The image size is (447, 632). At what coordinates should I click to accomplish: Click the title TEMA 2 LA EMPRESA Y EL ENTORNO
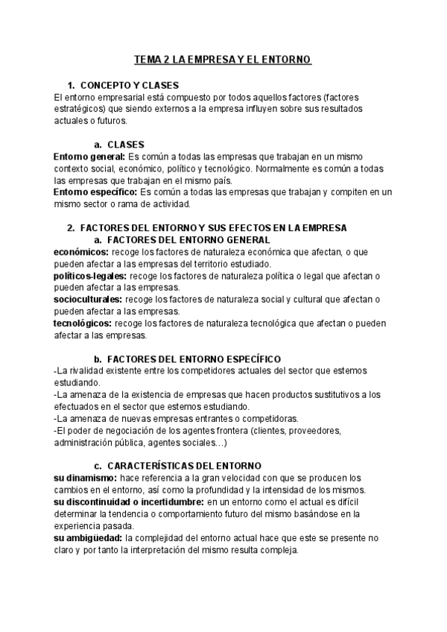pos(223,59)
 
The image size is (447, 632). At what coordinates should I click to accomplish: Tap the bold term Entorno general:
pos(89,157)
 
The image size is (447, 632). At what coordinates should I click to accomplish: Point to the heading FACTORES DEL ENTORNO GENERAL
pos(188,240)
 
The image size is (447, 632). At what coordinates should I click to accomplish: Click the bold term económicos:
pos(81,252)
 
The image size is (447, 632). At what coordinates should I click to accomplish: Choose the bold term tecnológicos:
pos(83,323)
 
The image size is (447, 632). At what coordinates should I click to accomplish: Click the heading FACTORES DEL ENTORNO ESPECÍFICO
pos(194,359)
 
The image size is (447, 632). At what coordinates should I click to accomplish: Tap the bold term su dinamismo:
pos(86,478)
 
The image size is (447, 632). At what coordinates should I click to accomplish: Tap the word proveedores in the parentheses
pos(314,431)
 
